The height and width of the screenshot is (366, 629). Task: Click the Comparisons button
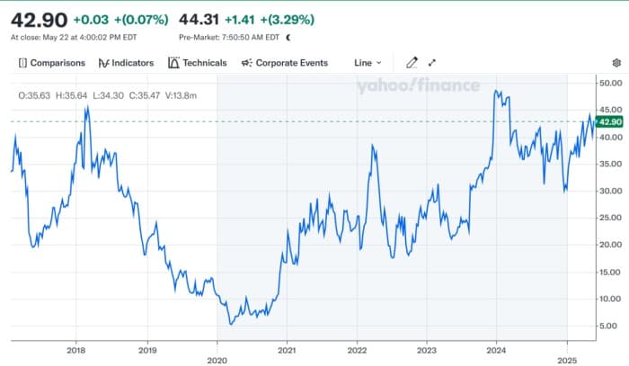coord(51,63)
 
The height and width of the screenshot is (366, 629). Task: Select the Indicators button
coord(126,63)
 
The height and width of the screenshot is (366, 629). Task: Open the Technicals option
coord(198,63)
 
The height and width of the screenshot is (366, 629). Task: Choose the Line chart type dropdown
coord(368,63)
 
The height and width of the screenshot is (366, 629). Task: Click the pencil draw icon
coord(412,63)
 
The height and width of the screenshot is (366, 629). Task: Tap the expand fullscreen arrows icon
coord(432,63)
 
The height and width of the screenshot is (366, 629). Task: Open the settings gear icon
coord(616,63)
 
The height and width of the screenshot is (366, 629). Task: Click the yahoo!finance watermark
coord(410,86)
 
